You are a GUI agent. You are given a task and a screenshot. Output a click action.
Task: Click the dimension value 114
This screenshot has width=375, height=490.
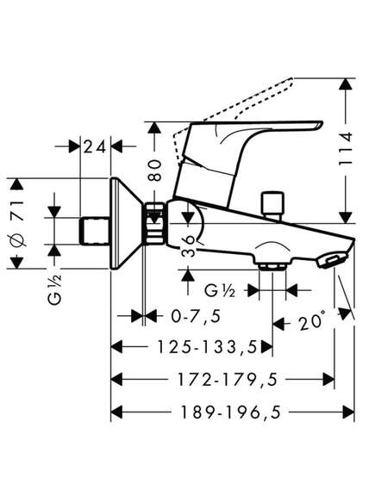[x=347, y=149]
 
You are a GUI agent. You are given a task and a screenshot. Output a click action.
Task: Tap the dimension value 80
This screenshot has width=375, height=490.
[x=154, y=171]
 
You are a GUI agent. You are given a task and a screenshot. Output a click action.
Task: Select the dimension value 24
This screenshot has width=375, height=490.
[x=95, y=146]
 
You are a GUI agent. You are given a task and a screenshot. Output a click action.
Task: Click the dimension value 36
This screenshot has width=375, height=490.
[x=189, y=246]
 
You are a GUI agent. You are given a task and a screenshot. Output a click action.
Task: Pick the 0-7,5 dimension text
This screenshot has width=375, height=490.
[x=196, y=317]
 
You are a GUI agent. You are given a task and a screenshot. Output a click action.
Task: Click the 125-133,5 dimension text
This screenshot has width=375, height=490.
[x=207, y=347]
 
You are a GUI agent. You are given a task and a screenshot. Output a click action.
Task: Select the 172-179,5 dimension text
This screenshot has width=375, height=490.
[x=228, y=380]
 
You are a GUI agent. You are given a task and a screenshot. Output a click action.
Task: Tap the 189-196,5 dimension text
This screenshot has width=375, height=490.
[x=231, y=412]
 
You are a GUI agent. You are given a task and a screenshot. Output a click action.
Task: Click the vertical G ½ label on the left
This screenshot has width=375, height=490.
[x=55, y=289]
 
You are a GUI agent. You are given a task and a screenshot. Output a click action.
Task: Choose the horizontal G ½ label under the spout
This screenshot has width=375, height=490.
[x=220, y=291]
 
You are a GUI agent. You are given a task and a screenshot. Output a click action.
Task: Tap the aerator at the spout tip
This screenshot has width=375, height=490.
[x=332, y=260]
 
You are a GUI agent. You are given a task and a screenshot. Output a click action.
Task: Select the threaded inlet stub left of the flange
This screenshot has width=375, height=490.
[x=95, y=232]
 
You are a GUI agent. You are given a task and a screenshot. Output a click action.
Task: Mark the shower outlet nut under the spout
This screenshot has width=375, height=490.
[x=272, y=266]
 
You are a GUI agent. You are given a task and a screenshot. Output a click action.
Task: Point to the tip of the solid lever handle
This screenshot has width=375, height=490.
[x=322, y=122]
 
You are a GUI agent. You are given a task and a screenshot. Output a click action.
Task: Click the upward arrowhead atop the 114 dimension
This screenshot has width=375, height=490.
[x=346, y=84]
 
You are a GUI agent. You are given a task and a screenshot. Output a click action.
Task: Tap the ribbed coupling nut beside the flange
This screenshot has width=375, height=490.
[x=155, y=223]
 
